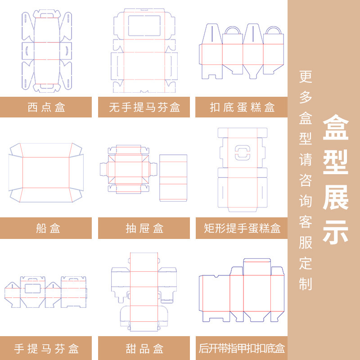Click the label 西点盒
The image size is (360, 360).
(x=46, y=108)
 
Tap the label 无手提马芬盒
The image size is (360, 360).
(x=144, y=108)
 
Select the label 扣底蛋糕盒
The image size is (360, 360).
(x=242, y=108)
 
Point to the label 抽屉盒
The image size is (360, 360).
(x=144, y=228)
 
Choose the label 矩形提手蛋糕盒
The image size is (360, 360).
(x=242, y=228)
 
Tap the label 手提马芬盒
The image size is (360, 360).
(x=46, y=348)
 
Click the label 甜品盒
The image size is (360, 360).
(x=144, y=348)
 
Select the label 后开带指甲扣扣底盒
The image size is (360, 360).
(x=242, y=348)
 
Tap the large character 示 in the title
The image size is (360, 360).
(x=336, y=233)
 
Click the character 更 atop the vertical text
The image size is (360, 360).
(x=306, y=76)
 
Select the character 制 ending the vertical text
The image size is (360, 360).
(x=306, y=283)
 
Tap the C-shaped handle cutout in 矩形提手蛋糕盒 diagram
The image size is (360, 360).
(x=242, y=152)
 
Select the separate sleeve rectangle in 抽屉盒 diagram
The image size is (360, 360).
(x=173, y=178)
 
